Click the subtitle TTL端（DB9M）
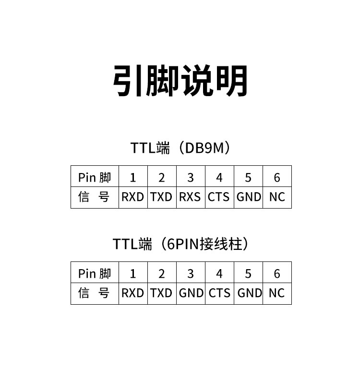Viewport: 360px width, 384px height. pyautogui.click(x=180, y=148)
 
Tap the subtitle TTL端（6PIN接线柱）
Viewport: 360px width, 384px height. pyautogui.click(x=180, y=244)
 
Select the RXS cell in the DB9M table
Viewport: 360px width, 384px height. pyautogui.click(x=190, y=197)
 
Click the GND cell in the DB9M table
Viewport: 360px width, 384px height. pyautogui.click(x=249, y=197)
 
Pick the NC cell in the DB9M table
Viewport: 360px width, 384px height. pyautogui.click(x=277, y=197)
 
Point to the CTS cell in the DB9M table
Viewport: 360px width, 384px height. pyautogui.click(x=219, y=197)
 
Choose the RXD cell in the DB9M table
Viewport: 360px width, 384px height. pyautogui.click(x=133, y=197)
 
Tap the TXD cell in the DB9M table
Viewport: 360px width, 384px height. pyautogui.click(x=161, y=197)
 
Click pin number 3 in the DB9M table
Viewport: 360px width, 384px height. pyautogui.click(x=191, y=178)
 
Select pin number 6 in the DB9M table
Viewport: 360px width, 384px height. pyautogui.click(x=277, y=178)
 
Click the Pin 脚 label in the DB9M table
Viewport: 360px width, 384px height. pyautogui.click(x=95, y=178)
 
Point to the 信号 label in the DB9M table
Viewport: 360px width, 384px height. pyautogui.click(x=95, y=197)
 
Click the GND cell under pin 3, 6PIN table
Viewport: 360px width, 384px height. pyautogui.click(x=191, y=293)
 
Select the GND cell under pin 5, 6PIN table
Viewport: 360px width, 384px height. pyautogui.click(x=250, y=293)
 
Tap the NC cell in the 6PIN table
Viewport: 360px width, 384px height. pyautogui.click(x=277, y=293)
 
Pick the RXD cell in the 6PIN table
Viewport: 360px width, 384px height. pyautogui.click(x=133, y=293)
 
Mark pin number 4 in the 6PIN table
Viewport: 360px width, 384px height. pyautogui.click(x=219, y=274)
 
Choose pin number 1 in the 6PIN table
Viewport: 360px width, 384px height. pyautogui.click(x=133, y=274)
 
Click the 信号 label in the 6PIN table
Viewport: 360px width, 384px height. pyautogui.click(x=95, y=293)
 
